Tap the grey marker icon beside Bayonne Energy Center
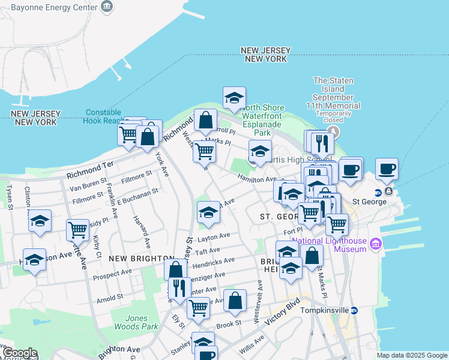(107, 7)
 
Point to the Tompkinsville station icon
(354, 310)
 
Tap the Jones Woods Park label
(142, 322)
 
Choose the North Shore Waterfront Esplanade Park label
(264, 120)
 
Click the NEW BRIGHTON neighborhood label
(142, 258)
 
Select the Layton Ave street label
(218, 237)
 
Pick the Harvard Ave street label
(142, 233)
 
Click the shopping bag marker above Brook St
(235, 301)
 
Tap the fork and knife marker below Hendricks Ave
(178, 289)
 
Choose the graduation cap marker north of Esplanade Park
(234, 97)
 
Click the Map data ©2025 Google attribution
(412, 355)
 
